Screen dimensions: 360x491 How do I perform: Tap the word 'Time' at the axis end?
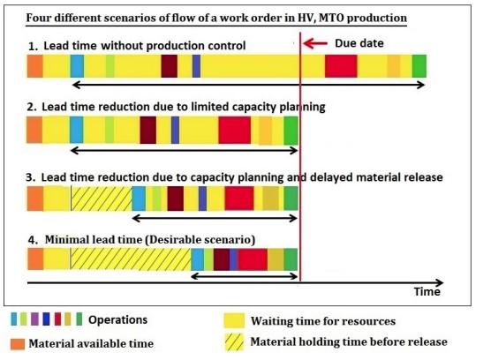click(x=428, y=290)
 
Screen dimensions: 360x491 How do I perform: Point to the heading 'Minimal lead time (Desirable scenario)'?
click(x=148, y=239)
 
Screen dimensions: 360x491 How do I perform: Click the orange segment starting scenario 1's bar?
click(x=35, y=65)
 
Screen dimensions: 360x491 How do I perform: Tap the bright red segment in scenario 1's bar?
click(x=340, y=65)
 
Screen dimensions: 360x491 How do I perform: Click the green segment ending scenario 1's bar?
click(x=419, y=65)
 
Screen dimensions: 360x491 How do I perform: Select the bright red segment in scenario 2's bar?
click(x=234, y=130)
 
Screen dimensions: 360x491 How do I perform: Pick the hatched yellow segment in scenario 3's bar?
click(x=101, y=198)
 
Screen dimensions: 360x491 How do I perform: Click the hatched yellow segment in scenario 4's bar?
click(x=131, y=259)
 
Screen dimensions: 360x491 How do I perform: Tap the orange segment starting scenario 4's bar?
click(x=35, y=259)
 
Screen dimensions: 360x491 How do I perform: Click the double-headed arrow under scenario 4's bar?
click(x=245, y=276)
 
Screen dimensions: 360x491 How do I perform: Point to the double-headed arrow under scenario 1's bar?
click(x=248, y=85)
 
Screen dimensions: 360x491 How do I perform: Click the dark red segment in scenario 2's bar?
click(x=148, y=130)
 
